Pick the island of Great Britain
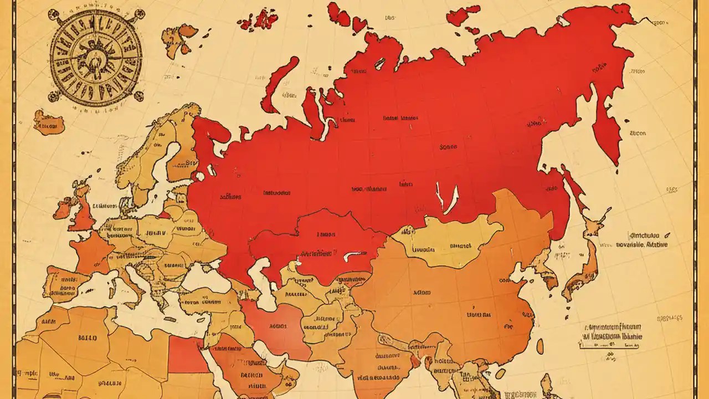[81, 211]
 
